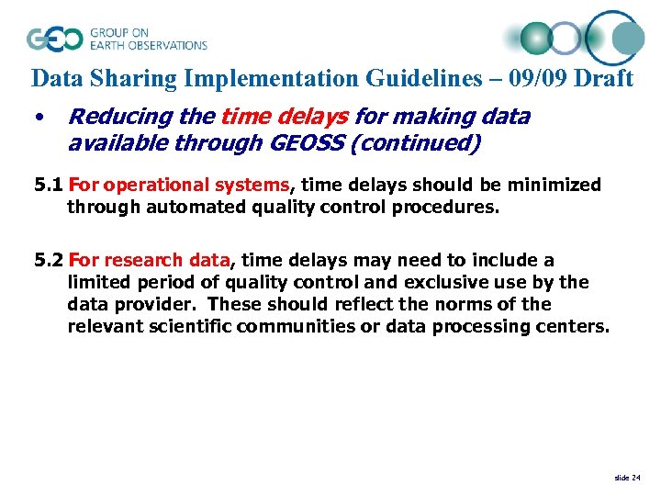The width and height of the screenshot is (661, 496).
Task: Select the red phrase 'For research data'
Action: click(149, 261)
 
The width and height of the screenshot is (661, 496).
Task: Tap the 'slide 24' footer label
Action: click(627, 477)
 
